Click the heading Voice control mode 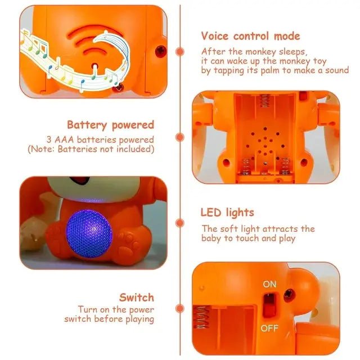tap(250, 36)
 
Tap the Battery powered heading tap(110, 125)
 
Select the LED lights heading tap(227, 213)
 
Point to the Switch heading tap(136, 297)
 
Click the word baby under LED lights tap(214, 238)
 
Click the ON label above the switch tap(269, 285)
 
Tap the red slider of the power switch tap(271, 305)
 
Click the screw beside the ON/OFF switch tap(289, 294)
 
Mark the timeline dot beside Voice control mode tap(180, 51)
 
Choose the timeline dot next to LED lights tap(180, 223)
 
